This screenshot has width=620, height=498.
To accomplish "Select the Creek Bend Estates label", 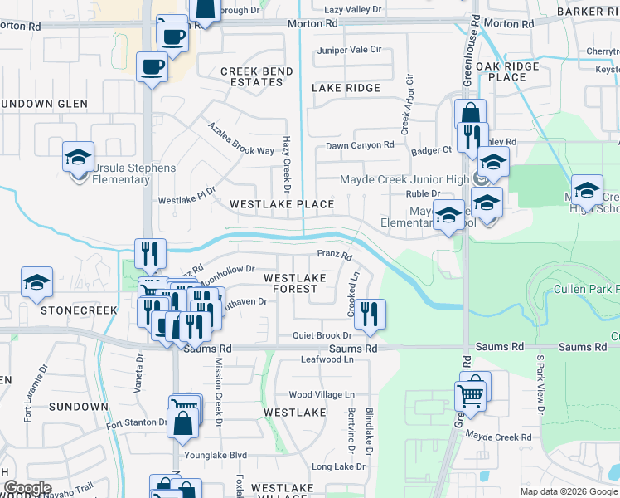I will (256, 77).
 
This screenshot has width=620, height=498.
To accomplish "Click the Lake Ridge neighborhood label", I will (346, 88).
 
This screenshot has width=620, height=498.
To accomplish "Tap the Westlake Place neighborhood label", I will (282, 204).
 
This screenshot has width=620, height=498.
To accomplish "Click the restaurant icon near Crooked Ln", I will (370, 313).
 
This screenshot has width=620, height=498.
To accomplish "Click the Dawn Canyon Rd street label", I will (359, 145).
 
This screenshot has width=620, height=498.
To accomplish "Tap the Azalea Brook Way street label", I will (240, 139).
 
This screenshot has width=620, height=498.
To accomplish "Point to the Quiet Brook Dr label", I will (322, 336).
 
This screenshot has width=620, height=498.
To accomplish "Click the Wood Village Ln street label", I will (321, 395).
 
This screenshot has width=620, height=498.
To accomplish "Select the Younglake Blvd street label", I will (216, 455).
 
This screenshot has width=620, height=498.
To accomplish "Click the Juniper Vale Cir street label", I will (350, 50).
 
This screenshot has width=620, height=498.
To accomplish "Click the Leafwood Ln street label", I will (327, 359).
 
